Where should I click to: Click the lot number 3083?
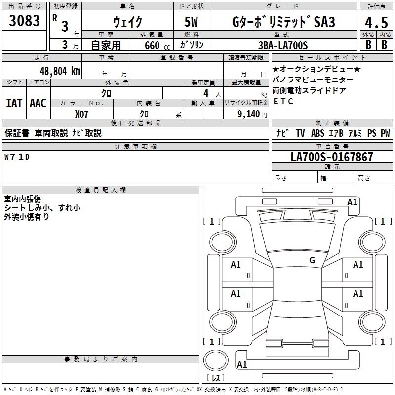(x=24, y=21)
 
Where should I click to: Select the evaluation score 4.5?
(x=376, y=22)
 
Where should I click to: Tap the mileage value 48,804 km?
(x=60, y=71)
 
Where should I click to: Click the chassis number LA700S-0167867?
(x=332, y=157)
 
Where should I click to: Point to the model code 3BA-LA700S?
(x=283, y=45)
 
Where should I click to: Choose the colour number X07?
(x=81, y=114)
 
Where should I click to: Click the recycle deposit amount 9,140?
(x=248, y=114)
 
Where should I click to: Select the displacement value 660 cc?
(x=157, y=46)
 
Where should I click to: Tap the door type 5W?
(x=191, y=22)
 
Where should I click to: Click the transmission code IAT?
(x=14, y=103)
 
